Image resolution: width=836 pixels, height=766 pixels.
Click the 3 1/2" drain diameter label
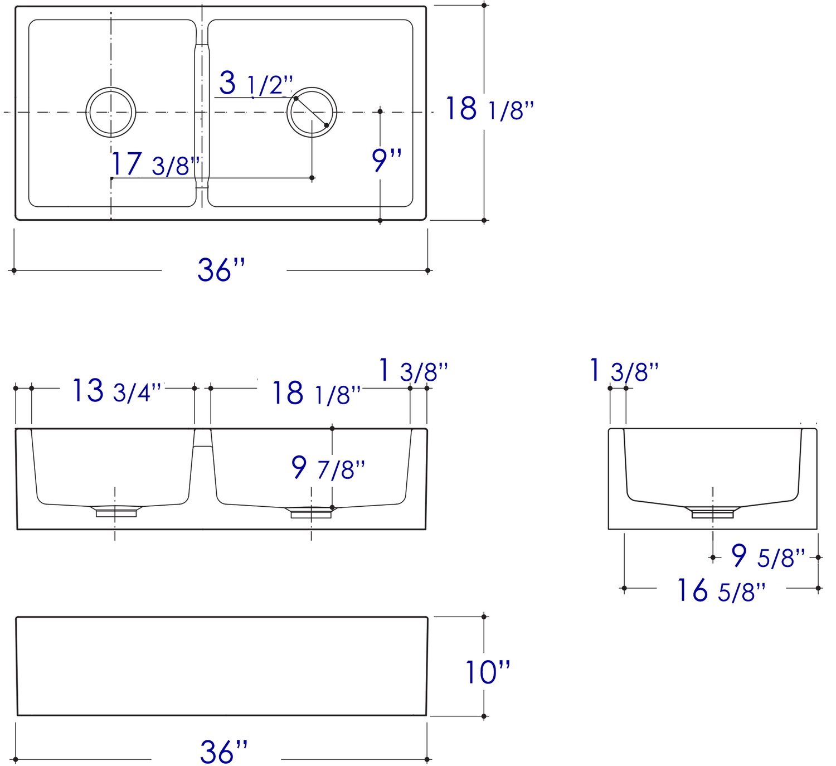255,84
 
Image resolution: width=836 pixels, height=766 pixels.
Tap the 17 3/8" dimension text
155,164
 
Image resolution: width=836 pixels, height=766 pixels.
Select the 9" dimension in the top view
386,161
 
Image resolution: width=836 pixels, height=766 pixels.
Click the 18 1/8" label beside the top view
489,109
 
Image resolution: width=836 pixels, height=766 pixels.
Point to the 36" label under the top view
221,270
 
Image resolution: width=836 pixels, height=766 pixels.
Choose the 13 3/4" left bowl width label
116,391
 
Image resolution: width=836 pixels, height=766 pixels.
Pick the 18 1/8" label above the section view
316,394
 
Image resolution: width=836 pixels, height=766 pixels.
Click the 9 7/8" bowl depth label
328,468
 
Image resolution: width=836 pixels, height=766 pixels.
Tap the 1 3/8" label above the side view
624,371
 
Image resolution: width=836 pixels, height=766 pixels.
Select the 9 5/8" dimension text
767,556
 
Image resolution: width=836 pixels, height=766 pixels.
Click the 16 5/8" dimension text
721,591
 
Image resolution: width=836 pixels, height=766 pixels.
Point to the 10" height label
488,672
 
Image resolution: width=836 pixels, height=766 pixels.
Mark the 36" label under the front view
223,753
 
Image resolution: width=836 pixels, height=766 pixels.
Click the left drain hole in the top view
111,112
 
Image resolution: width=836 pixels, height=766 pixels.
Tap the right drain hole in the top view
312,112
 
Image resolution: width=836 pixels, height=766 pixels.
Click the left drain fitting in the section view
116,511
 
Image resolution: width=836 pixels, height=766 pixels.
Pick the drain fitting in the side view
712,512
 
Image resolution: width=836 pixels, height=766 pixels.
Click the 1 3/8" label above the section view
412,371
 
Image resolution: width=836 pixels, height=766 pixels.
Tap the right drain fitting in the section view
311,512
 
